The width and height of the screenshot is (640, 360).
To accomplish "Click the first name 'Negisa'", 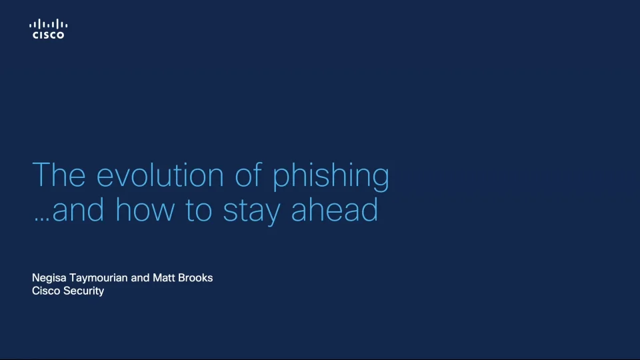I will [x=49, y=278].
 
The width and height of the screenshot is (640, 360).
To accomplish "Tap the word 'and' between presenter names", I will [x=140, y=277].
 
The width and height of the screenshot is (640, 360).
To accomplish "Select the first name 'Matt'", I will [x=164, y=277].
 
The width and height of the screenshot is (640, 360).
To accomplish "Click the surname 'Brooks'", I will [x=196, y=277].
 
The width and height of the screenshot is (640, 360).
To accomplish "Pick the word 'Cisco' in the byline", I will [x=46, y=291].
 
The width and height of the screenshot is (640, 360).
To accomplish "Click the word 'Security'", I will [x=83, y=291].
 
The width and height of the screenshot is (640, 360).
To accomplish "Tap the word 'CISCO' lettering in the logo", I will [x=49, y=35].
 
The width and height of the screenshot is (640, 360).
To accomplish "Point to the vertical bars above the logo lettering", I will [x=49, y=25].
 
